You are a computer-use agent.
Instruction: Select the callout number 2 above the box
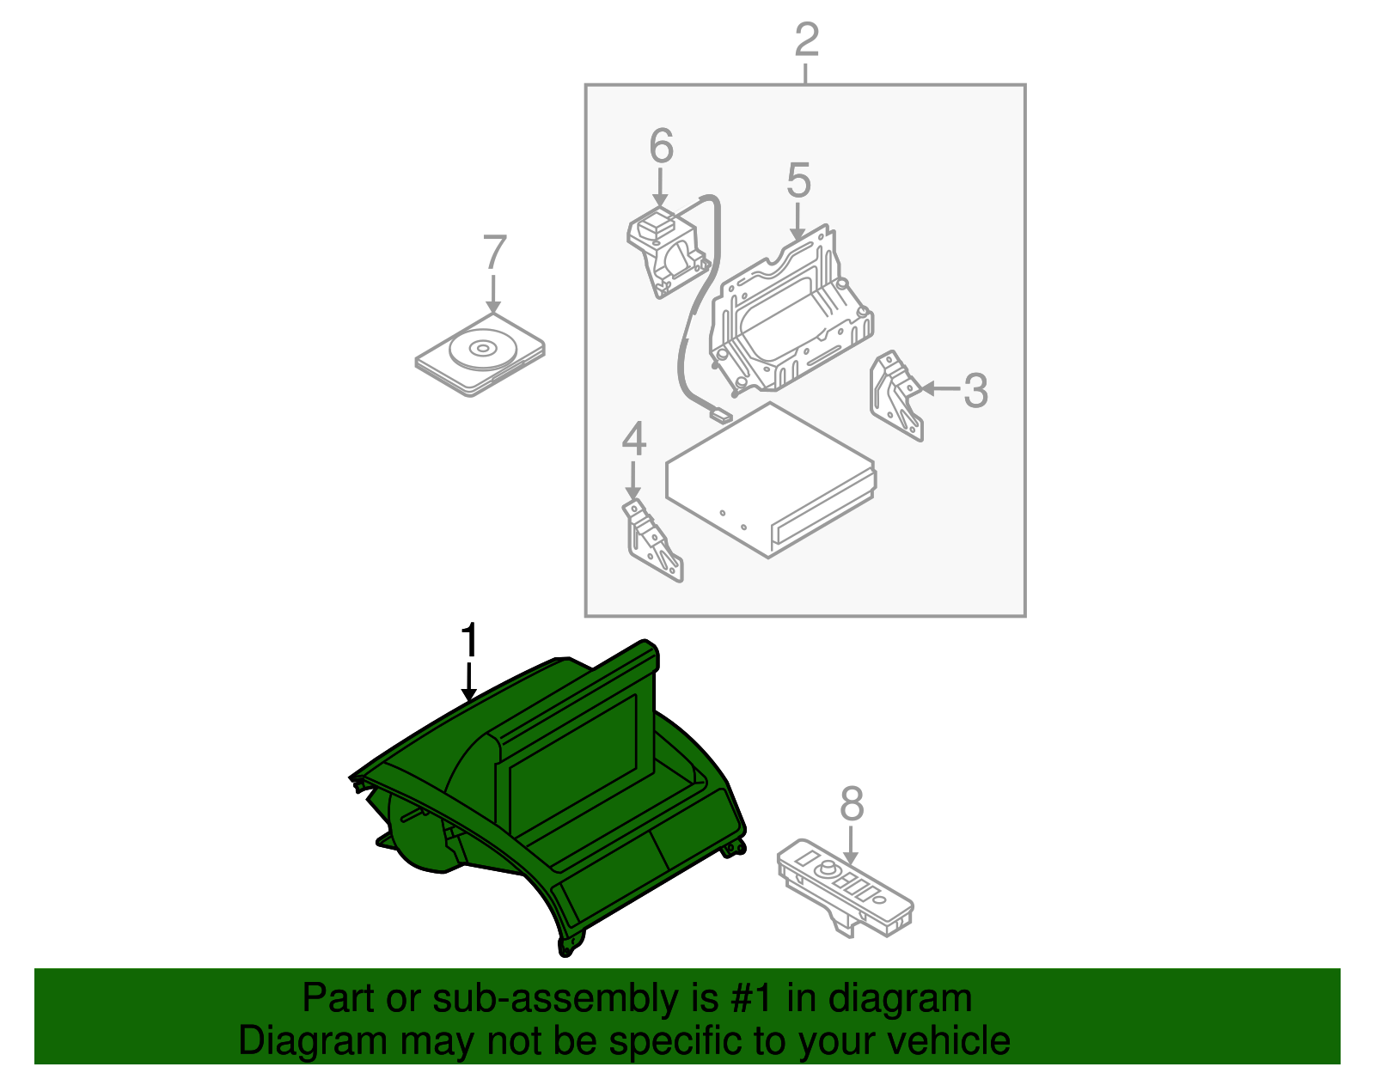coord(806,40)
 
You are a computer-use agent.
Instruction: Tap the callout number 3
coord(975,391)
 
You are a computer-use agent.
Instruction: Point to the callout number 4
coord(633,439)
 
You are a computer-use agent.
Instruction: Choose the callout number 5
coord(798,181)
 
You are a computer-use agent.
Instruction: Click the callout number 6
coord(660,146)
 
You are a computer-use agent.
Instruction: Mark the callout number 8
coord(851,805)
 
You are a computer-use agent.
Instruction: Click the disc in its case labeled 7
coord(480,354)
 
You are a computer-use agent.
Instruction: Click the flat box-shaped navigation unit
coord(769,481)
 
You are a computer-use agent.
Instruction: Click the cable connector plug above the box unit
coord(719,417)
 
